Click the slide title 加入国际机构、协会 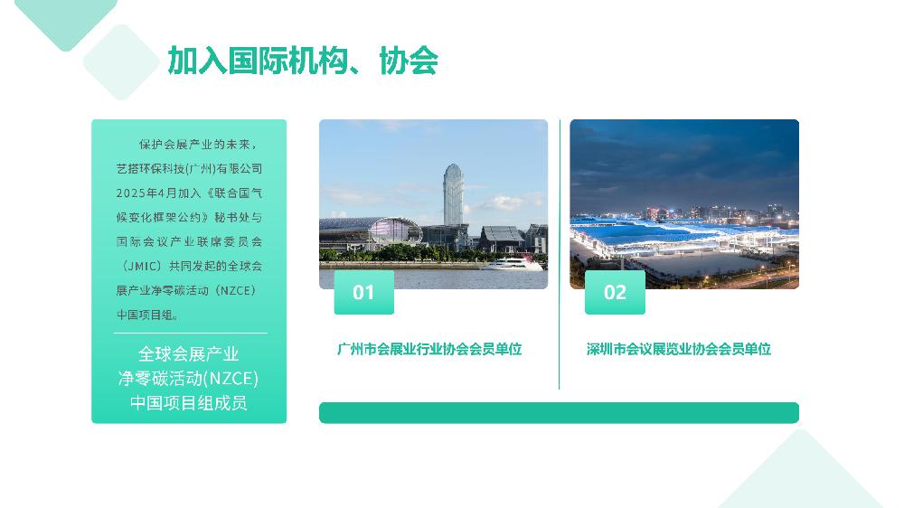[x=303, y=61]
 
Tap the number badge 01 [x=363, y=292]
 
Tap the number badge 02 [x=615, y=292]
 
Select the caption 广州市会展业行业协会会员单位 [x=429, y=349]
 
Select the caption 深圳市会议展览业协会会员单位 [x=679, y=349]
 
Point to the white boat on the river [x=513, y=264]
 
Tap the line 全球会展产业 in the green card [x=189, y=353]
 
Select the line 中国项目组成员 [x=189, y=402]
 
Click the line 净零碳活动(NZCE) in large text [x=189, y=378]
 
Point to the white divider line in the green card [x=190, y=334]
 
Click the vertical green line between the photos [x=560, y=254]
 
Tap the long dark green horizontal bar [x=559, y=413]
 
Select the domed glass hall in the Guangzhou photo [x=395, y=230]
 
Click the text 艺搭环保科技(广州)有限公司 [x=190, y=169]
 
